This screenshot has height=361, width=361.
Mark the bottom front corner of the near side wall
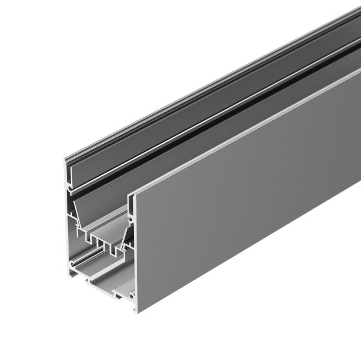[137, 312]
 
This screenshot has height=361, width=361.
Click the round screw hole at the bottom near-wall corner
[130, 295]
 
